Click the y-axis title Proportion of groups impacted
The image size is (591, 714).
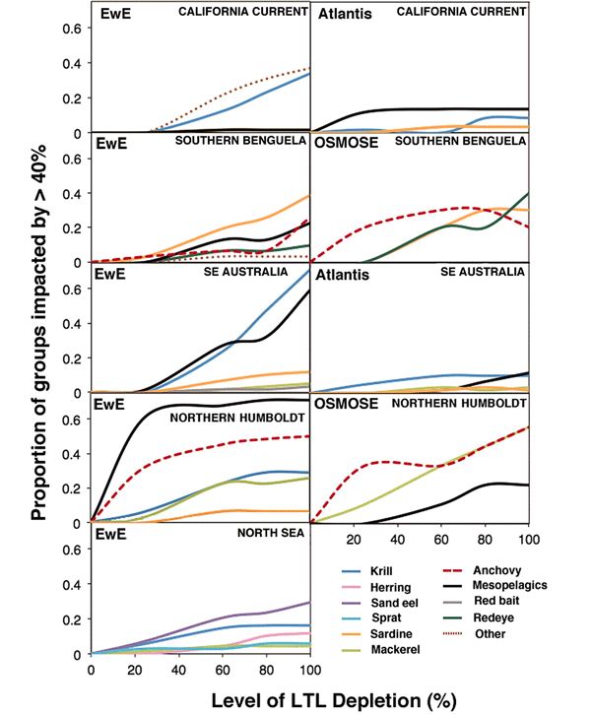(x=38, y=335)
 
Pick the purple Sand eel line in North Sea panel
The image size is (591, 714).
(x=246, y=615)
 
